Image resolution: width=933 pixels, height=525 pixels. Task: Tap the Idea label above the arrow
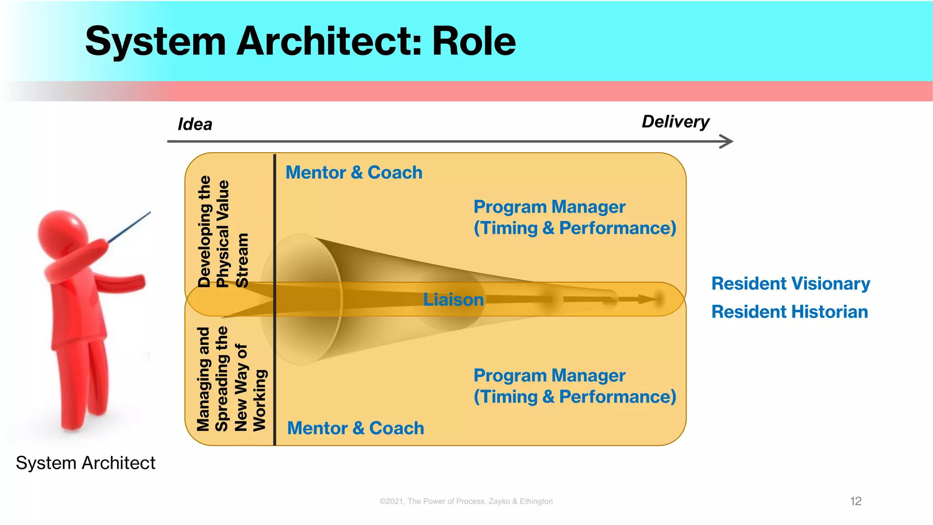point(195,124)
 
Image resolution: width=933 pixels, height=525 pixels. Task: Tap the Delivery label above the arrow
point(676,122)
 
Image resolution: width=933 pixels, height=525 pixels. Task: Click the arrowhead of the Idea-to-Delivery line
point(727,141)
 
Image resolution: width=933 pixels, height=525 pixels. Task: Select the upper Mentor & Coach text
point(354,173)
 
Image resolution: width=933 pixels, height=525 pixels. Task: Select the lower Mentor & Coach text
point(355,428)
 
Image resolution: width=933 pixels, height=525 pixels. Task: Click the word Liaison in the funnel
point(453,299)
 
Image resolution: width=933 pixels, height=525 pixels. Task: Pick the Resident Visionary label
point(790,283)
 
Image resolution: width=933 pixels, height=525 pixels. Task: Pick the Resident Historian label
point(789,312)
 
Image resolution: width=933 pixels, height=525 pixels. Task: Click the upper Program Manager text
point(549,207)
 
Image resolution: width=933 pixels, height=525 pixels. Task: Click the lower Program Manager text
point(549,376)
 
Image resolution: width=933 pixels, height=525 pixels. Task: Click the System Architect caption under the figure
point(86,463)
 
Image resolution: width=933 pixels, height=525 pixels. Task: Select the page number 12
point(856,501)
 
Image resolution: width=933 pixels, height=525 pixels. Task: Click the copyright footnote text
point(466,501)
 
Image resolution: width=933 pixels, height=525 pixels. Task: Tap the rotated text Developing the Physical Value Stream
point(223,232)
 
